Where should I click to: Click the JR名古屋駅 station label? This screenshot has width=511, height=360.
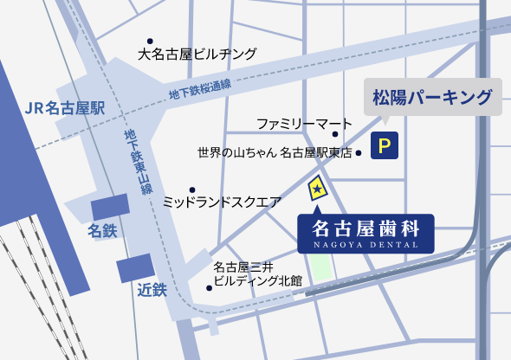[x=65, y=108]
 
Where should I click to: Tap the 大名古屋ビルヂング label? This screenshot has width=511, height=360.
[x=197, y=55]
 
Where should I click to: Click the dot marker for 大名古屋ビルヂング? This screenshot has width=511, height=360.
[x=149, y=40]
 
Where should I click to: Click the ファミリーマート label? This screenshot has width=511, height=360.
[x=304, y=123]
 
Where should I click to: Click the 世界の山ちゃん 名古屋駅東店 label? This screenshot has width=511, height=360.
[x=275, y=153]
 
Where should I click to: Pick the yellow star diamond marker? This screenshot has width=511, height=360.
[x=317, y=186]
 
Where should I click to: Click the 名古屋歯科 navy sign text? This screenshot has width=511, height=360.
[x=365, y=228]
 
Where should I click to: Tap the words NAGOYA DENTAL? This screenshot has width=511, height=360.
[x=365, y=245]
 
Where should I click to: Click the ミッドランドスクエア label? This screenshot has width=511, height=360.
[x=222, y=202]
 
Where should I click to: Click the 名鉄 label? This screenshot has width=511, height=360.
[x=102, y=232]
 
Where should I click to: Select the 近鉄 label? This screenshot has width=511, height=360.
[x=152, y=290]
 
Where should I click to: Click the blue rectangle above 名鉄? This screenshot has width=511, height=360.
[x=111, y=207]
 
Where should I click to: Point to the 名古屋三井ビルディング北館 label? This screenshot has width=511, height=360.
[x=257, y=273]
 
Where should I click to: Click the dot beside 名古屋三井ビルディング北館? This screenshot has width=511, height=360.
[x=209, y=287]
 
